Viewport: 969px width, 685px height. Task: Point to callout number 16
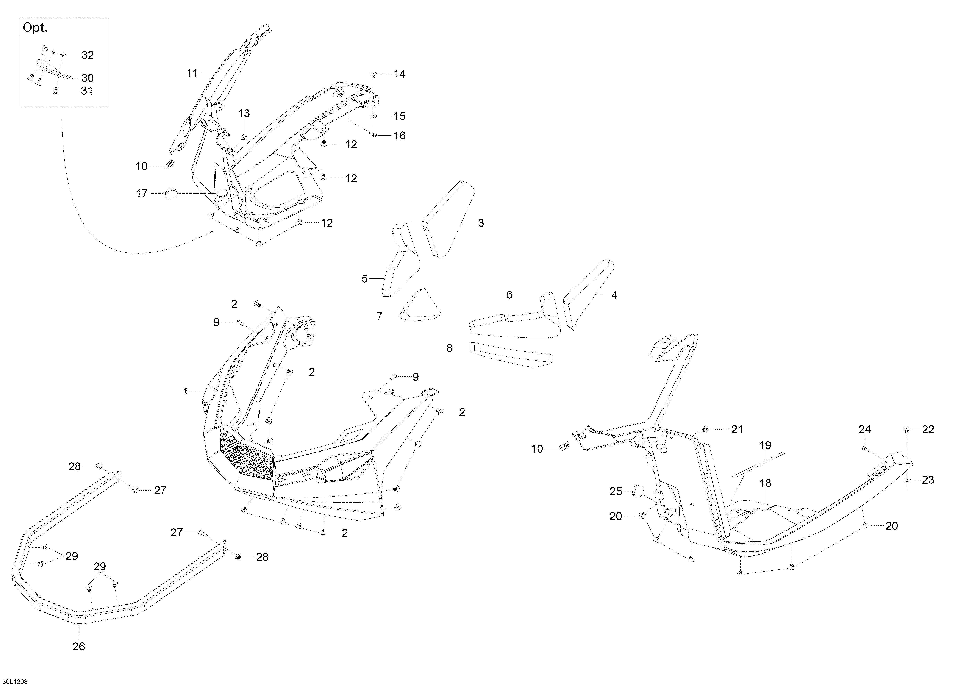(399, 135)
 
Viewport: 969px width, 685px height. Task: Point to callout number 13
(244, 113)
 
